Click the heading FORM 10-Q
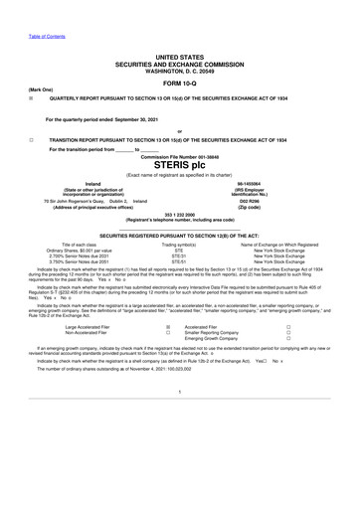point(179,83)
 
